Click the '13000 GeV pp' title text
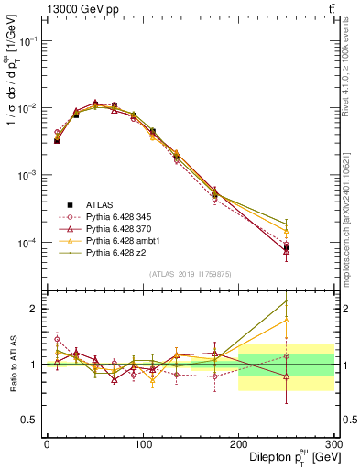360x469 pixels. tap(77, 8)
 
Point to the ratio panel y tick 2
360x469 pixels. tap(36, 309)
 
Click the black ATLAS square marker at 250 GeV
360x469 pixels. tap(286, 247)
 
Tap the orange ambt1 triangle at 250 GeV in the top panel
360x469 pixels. tap(286, 233)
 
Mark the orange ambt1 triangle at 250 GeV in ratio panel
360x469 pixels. tap(286, 320)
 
